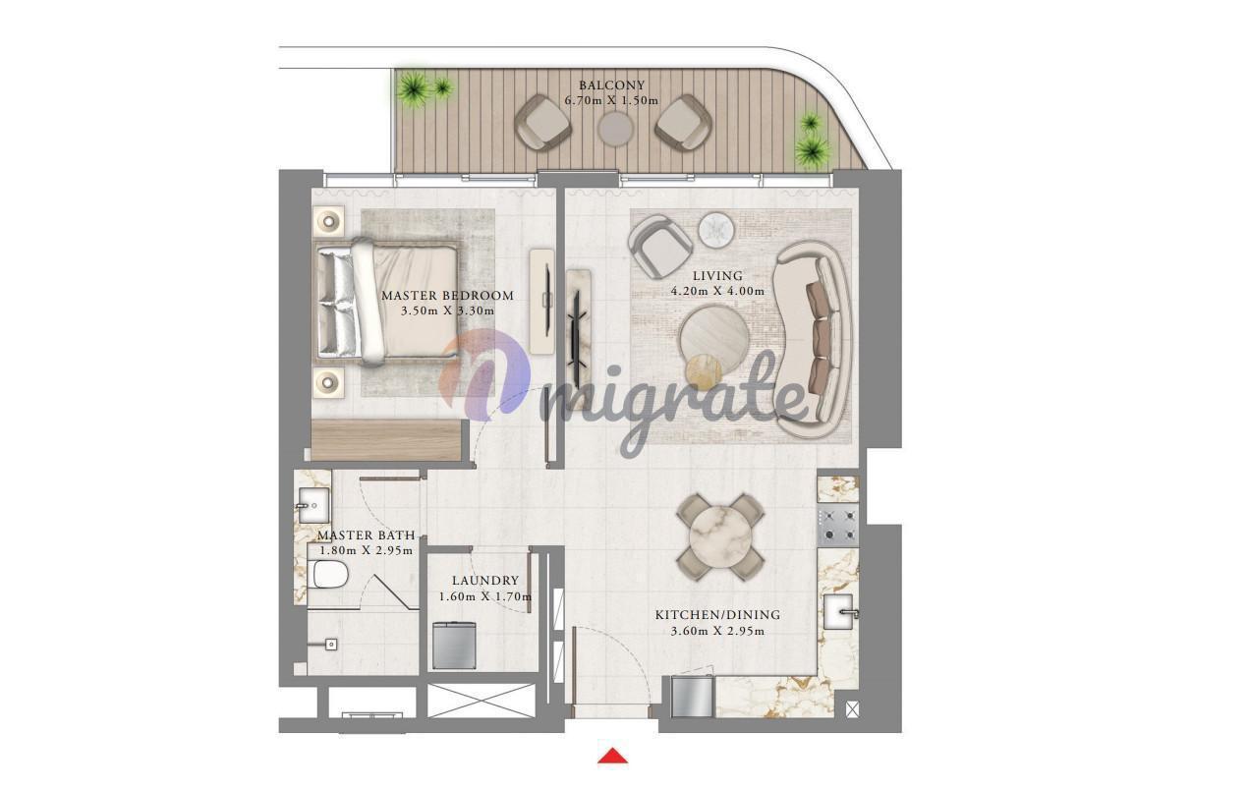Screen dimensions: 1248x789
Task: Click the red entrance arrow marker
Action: pos(612,756)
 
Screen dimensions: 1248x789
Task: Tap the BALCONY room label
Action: pos(612,85)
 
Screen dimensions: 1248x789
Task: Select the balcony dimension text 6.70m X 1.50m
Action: pos(612,101)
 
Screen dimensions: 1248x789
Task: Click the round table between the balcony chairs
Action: pos(615,129)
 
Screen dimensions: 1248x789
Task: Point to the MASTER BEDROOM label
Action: pos(447,296)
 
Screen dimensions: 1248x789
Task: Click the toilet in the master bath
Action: pos(330,575)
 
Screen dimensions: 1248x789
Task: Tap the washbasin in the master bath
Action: pos(314,505)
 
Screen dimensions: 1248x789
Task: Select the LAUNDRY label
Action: pos(485,581)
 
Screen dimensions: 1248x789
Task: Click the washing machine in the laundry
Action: pos(454,646)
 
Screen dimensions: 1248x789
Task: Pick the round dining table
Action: pos(720,536)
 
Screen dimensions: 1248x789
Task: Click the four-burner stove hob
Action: pos(838,525)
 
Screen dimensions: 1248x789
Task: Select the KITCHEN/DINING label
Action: pos(717,615)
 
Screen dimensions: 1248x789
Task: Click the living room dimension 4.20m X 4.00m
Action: pos(717,291)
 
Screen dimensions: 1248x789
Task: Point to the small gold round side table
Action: pos(704,371)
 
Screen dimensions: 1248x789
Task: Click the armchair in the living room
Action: pos(660,246)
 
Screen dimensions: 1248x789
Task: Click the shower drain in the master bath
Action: pos(331,645)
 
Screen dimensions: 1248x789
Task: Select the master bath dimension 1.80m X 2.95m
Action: pos(366,551)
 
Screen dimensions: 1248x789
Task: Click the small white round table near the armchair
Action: pos(717,230)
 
